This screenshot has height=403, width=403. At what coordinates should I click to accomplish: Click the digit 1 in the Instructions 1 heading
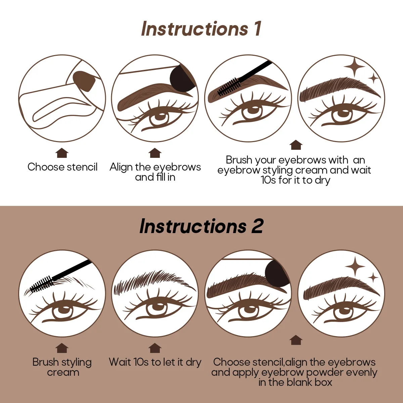click(257, 28)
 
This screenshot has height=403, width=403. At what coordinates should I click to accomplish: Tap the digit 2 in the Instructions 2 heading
click(257, 226)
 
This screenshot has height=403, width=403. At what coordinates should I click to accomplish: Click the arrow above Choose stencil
click(62, 153)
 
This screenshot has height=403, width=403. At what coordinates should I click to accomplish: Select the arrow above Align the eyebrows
click(155, 153)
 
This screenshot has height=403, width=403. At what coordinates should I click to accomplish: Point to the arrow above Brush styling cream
click(62, 348)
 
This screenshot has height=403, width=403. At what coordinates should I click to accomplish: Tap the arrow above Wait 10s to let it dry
click(155, 348)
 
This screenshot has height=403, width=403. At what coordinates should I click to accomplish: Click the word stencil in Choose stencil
click(82, 167)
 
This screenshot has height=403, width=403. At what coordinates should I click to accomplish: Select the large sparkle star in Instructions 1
click(355, 67)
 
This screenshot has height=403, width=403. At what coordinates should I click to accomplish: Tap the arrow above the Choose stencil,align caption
click(296, 340)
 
